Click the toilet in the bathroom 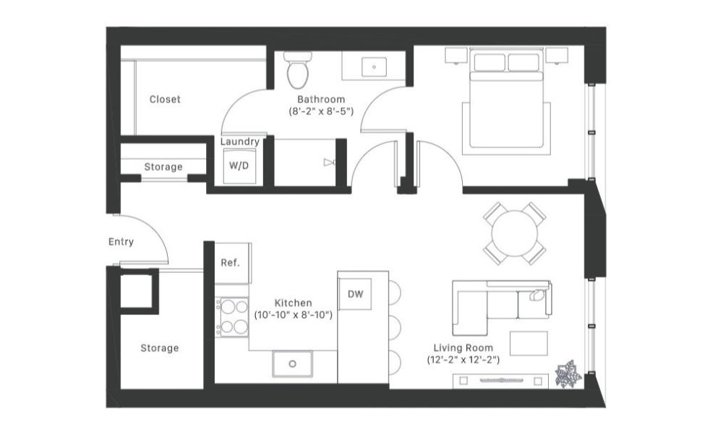tap(297, 70)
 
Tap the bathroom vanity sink tap(374, 67)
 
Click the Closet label tap(165, 99)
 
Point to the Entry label tap(121, 242)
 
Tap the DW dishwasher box tap(355, 293)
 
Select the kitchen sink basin tap(293, 363)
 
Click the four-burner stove tap(233, 316)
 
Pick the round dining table tap(514, 233)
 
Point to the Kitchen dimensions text tap(293, 315)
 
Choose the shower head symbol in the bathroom tap(330, 163)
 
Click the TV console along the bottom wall tap(499, 381)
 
